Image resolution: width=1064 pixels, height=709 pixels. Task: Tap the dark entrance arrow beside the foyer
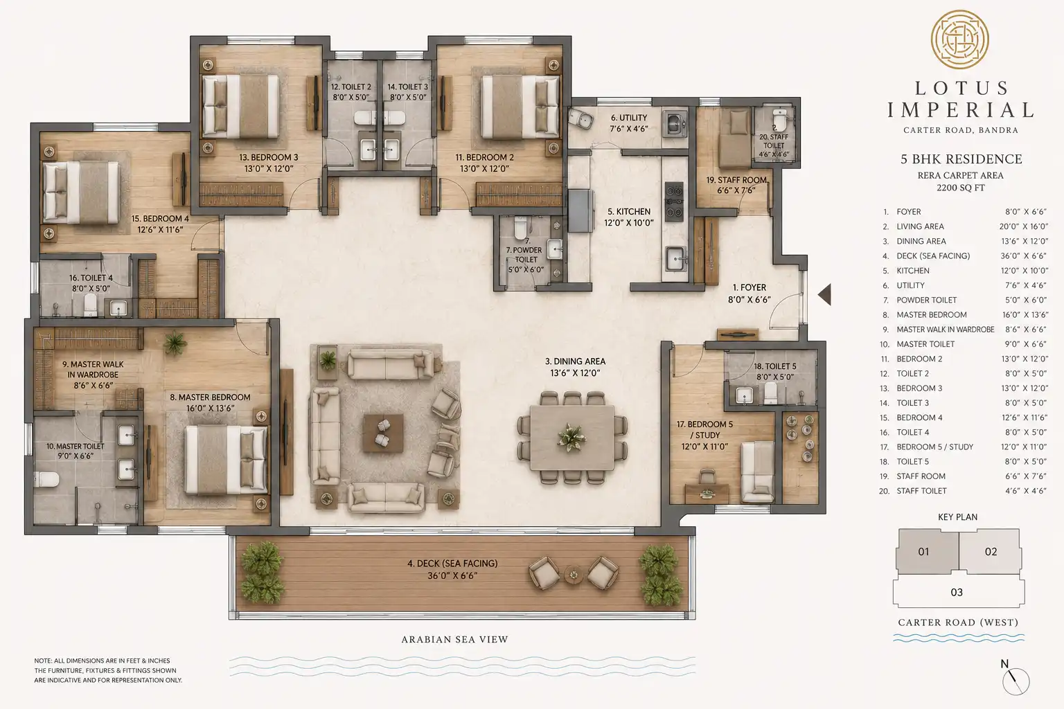824,294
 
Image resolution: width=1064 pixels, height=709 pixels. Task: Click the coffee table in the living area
383,433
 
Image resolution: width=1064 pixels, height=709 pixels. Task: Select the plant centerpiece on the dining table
572,436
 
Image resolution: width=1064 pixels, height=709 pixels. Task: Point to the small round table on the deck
574,575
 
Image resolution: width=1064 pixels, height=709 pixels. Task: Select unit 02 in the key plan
991,551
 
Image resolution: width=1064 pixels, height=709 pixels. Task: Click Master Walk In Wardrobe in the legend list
946,330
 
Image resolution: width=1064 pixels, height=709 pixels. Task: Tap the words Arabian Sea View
454,640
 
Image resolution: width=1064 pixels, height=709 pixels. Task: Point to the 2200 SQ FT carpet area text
961,188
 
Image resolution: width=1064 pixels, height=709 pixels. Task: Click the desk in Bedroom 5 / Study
707,492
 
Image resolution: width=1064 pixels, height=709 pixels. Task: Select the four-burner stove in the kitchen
674,201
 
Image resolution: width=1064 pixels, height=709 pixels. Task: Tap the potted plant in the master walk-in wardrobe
175,343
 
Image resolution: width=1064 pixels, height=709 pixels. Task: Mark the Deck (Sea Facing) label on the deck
452,569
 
